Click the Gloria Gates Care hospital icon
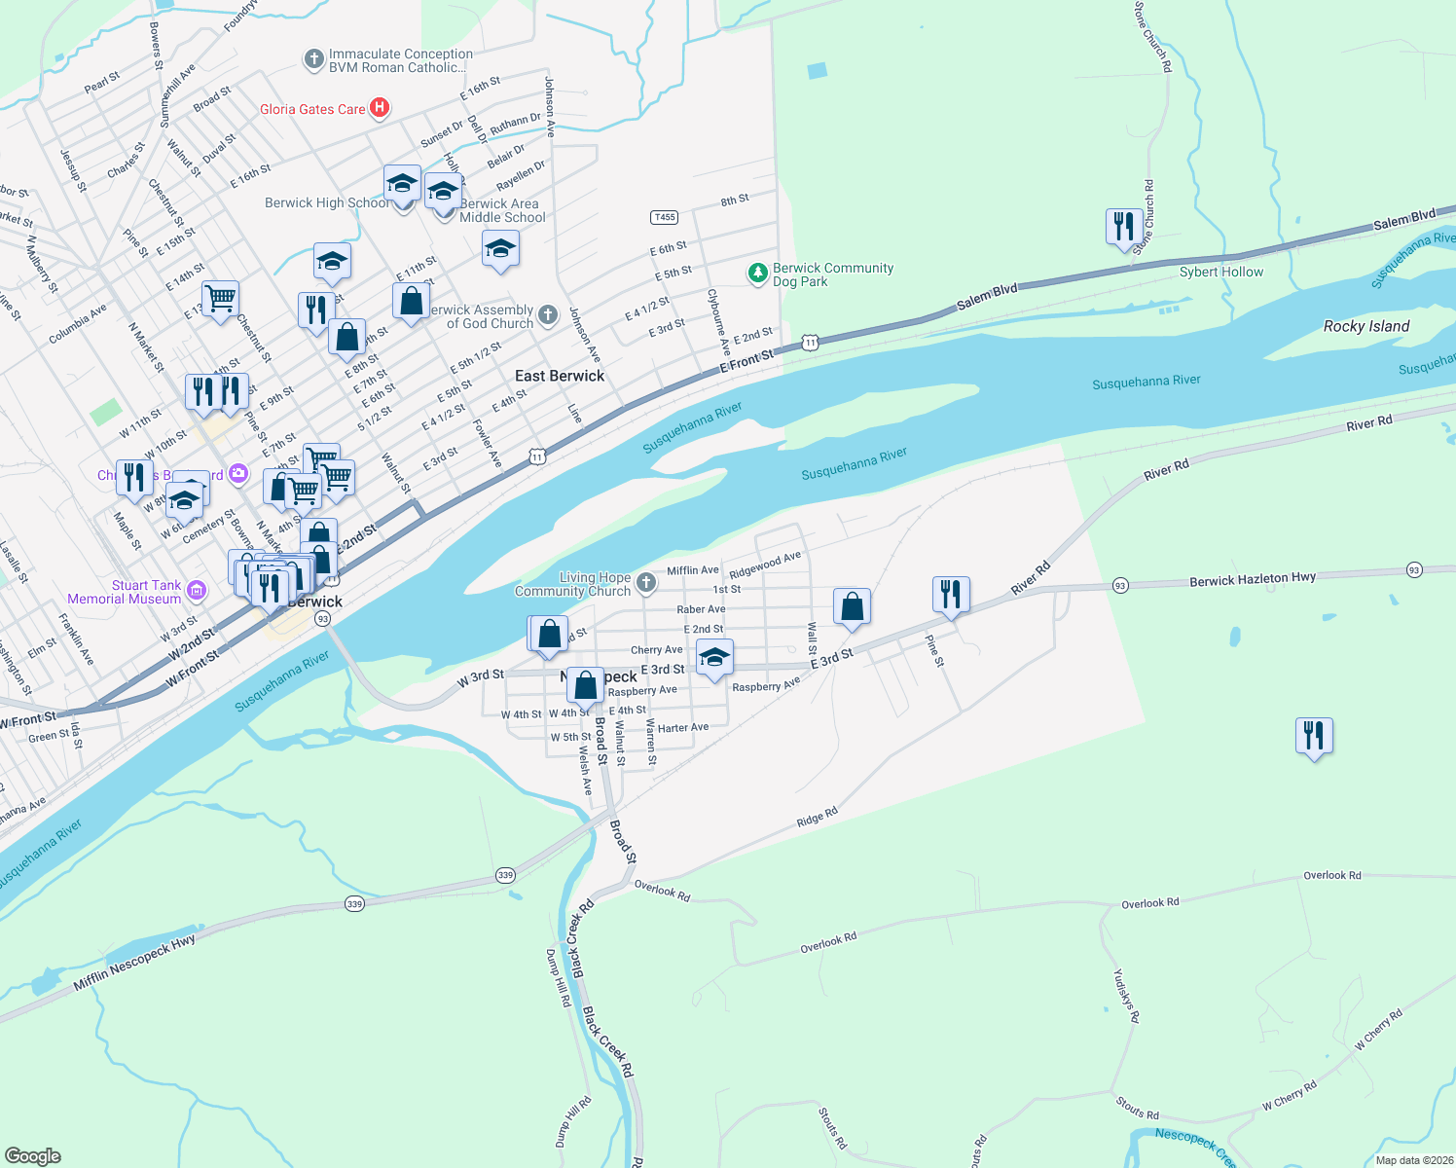click(x=381, y=108)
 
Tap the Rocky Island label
click(x=1365, y=326)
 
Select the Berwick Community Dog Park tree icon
click(x=758, y=274)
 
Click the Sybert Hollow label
click(x=1220, y=272)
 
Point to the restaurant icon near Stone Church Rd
click(x=1124, y=227)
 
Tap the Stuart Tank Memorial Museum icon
click(x=198, y=590)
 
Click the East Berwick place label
click(x=559, y=376)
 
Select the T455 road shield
click(x=664, y=217)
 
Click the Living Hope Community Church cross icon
click(x=646, y=583)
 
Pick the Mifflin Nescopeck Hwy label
click(x=134, y=964)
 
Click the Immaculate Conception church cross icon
click(x=313, y=60)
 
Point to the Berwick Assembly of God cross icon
click(x=549, y=314)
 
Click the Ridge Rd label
click(x=817, y=818)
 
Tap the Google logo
click(x=33, y=1155)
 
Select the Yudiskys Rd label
click(x=1126, y=995)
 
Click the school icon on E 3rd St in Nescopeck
click(x=714, y=658)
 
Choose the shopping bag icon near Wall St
click(x=852, y=606)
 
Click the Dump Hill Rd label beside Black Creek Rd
click(x=558, y=978)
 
